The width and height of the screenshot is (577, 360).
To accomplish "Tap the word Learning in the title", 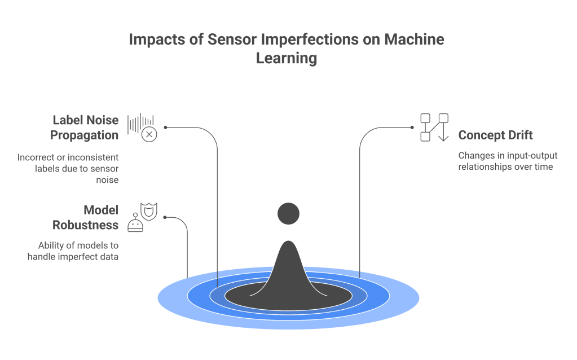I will tap(287, 58).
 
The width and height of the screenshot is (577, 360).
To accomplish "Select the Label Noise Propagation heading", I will tap(86, 128).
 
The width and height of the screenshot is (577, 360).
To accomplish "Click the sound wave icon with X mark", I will tap(142, 128).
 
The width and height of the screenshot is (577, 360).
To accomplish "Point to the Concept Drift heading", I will tap(495, 135).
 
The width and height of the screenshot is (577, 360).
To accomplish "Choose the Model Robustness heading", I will tap(86, 218).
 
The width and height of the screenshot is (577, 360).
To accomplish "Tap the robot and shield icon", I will tap(143, 217).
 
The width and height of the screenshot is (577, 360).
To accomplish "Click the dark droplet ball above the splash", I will tap(289, 213).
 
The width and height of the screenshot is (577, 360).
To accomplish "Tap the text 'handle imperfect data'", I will tap(73, 256).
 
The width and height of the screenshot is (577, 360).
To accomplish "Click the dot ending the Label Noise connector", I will tap(166, 128).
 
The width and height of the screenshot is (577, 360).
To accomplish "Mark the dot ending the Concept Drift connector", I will tap(412, 128).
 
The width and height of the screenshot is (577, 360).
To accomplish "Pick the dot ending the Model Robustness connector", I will tap(164, 218).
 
